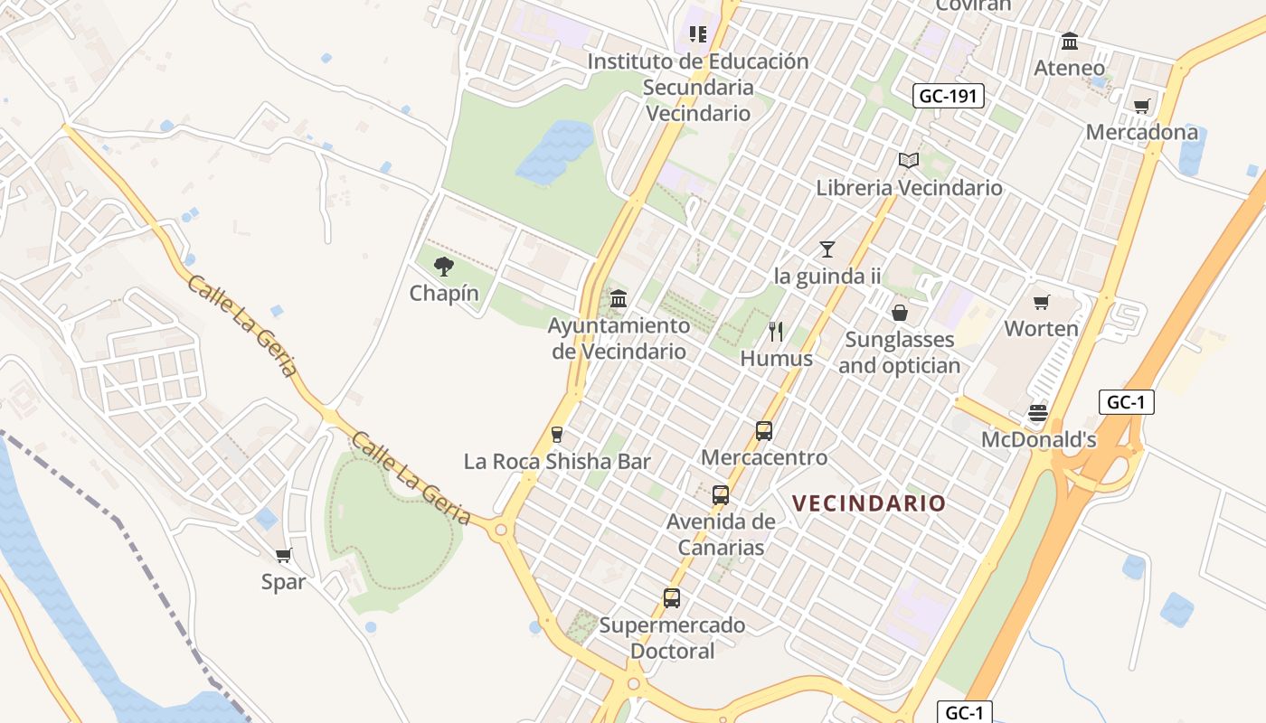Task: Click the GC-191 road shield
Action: coord(948,96)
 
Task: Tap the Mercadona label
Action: coord(1141,132)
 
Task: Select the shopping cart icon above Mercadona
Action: coord(1141,106)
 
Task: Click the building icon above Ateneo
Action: coord(1070,42)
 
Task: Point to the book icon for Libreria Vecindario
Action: coord(909,161)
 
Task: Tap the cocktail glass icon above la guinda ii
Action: coord(827,249)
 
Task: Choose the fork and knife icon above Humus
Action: coord(776,332)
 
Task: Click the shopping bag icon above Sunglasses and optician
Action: coord(899,313)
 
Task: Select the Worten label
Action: coord(1041,328)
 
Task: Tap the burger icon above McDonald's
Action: coord(1038,414)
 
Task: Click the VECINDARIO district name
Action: coord(868,503)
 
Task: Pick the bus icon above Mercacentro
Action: coord(764,431)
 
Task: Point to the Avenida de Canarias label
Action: coord(721,534)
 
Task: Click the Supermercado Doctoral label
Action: coord(672,637)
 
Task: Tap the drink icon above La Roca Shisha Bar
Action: coord(557,435)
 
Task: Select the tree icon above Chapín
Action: coord(443,266)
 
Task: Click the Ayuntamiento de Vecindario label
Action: coord(619,338)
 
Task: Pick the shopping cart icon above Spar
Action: coord(284,555)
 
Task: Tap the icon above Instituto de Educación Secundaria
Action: coord(697,34)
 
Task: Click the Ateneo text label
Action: coord(1070,68)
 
